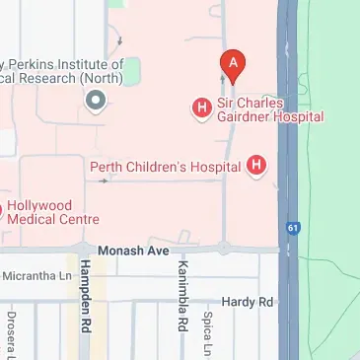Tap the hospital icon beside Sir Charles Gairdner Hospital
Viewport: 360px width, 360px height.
[202, 107]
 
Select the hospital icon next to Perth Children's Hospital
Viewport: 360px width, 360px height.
[257, 166]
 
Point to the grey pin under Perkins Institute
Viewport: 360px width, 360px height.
[96, 100]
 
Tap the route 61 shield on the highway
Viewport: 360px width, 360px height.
[293, 226]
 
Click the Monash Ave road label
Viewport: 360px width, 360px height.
[133, 252]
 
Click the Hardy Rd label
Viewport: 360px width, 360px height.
[246, 301]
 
